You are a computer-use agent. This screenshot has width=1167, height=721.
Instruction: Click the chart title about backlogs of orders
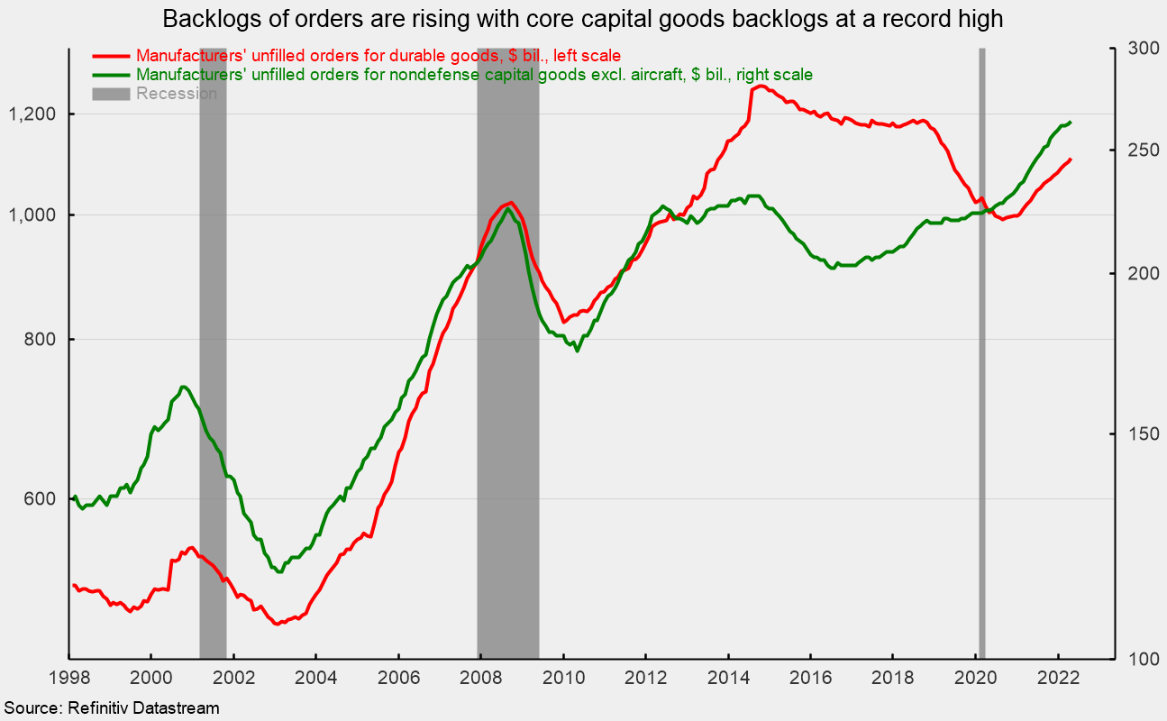pyautogui.click(x=582, y=17)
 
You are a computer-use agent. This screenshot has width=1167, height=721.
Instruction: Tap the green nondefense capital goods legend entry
pyautogui.click(x=473, y=75)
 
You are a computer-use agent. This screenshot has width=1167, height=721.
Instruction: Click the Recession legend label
pyautogui.click(x=177, y=94)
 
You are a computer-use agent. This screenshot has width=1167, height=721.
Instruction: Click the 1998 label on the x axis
pyautogui.click(x=68, y=678)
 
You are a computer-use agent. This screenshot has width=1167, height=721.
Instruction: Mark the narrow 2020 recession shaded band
pyautogui.click(x=981, y=351)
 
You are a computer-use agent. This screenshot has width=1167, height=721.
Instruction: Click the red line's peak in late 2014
pyautogui.click(x=761, y=87)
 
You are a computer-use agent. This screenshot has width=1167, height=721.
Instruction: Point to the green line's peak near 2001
pyautogui.click(x=183, y=387)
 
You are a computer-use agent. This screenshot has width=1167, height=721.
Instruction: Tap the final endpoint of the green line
pyautogui.click(x=1070, y=123)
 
